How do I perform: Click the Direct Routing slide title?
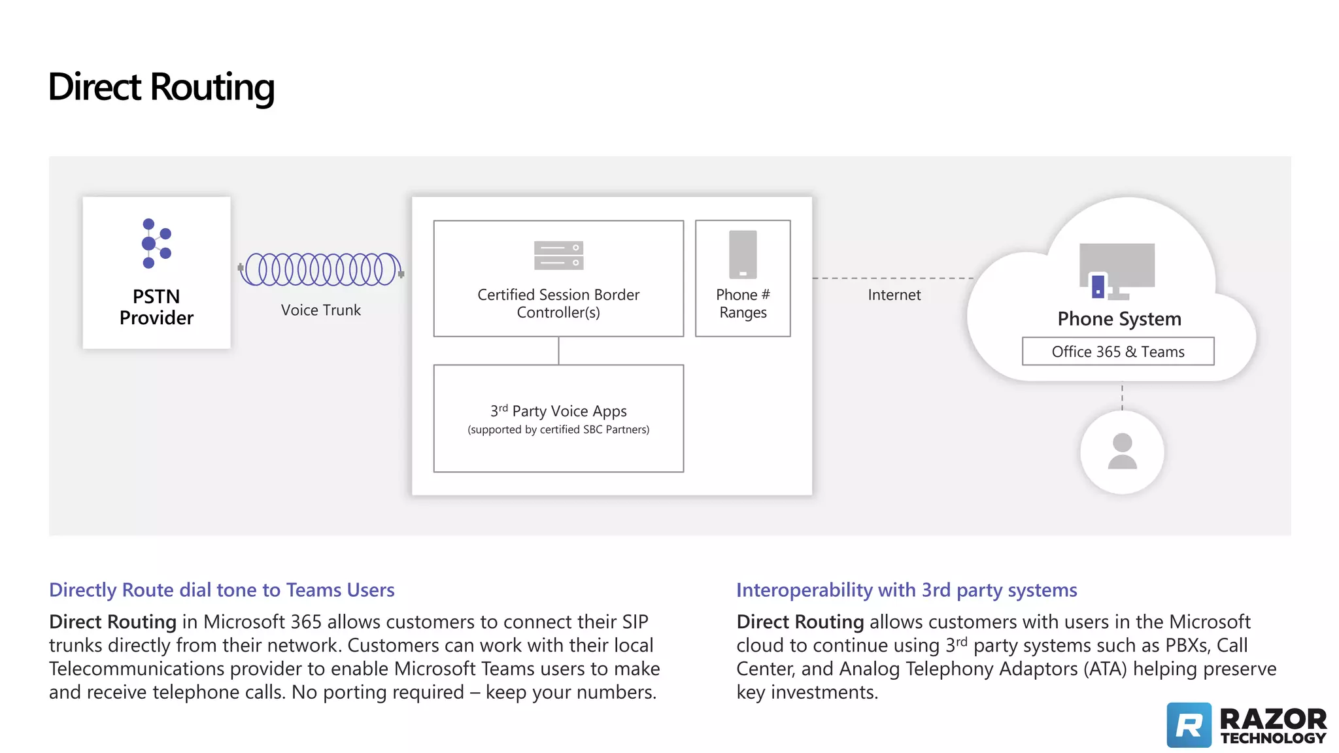(x=161, y=87)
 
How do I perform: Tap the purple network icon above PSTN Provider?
(x=156, y=243)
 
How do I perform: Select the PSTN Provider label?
(x=156, y=307)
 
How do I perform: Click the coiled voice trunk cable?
(x=320, y=269)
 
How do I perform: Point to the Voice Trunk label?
(x=320, y=310)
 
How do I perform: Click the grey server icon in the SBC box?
(x=558, y=256)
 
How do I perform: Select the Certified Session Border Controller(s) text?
(x=558, y=303)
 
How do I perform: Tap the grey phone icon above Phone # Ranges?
(x=743, y=254)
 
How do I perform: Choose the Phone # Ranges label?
(x=743, y=303)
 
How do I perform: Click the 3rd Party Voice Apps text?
(x=558, y=412)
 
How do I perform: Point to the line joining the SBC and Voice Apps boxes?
(x=558, y=351)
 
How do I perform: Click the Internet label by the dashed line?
(x=894, y=295)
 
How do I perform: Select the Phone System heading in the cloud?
(x=1119, y=319)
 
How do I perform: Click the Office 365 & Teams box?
(x=1118, y=352)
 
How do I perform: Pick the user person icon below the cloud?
(x=1122, y=452)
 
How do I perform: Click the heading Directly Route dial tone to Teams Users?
(x=222, y=590)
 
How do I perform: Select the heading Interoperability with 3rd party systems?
(x=906, y=590)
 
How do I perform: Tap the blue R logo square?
(x=1189, y=725)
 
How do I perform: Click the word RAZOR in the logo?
(x=1273, y=719)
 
